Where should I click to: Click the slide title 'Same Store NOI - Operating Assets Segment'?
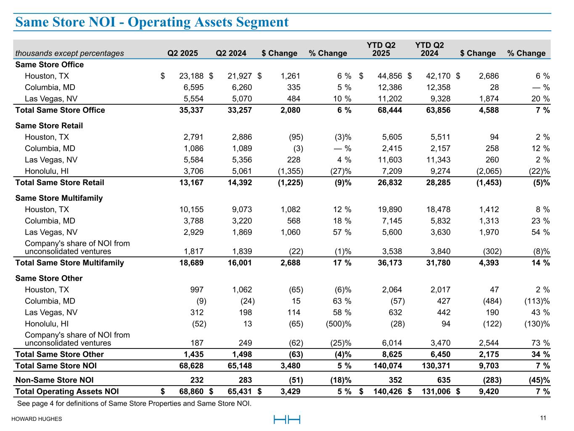(x=152, y=22)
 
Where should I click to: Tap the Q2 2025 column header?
(x=183, y=53)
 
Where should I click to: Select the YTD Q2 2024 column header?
(x=429, y=49)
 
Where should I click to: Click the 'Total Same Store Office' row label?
(x=60, y=110)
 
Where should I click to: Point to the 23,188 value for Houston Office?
(x=191, y=76)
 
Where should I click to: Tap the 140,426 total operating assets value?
(x=387, y=392)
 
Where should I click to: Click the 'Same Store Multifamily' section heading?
(x=59, y=198)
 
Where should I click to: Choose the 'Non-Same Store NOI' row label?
(x=54, y=380)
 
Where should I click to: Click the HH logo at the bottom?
(x=287, y=419)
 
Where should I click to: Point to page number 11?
(x=543, y=418)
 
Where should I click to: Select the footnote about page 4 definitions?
(x=134, y=404)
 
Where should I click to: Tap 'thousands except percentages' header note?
(x=70, y=53)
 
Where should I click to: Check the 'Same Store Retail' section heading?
(x=49, y=126)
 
